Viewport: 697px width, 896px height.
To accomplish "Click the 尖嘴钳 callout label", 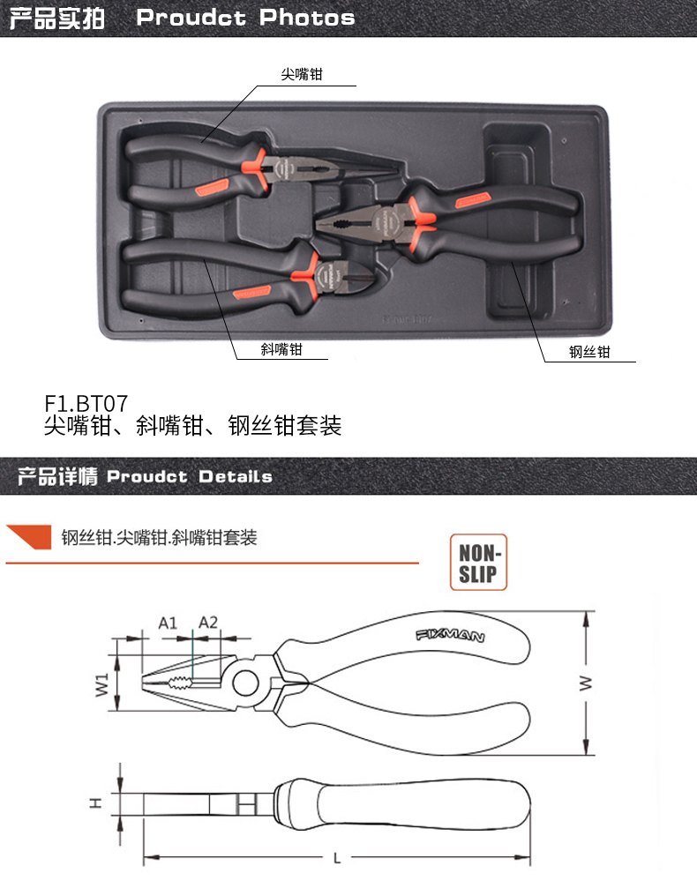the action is tap(302, 74).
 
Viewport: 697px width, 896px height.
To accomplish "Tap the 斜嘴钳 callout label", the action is tap(281, 349).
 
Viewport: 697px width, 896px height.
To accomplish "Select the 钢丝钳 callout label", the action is tap(589, 352).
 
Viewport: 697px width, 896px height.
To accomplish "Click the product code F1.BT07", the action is tap(86, 403).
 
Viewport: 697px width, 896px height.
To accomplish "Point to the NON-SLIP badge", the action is tap(478, 563).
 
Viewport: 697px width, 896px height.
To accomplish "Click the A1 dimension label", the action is tap(168, 623).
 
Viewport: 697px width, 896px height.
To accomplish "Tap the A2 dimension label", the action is tap(208, 623).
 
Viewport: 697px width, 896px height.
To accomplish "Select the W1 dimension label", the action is tap(101, 684).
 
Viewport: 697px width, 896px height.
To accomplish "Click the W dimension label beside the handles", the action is tap(586, 683).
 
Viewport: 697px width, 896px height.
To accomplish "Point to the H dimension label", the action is tap(96, 803).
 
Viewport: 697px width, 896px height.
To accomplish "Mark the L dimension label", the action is tap(337, 858).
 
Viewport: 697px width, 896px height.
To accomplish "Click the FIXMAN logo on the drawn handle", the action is tap(451, 636).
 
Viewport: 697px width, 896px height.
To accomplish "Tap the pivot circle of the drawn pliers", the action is tap(246, 683).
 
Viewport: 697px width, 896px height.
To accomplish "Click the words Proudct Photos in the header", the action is tap(246, 18).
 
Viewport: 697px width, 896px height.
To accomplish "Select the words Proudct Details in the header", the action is tap(190, 476).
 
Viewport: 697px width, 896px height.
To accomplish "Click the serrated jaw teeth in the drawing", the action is tap(178, 683).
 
